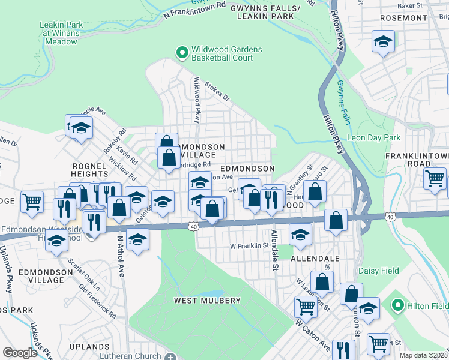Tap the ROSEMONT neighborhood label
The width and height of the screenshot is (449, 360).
coord(399,18)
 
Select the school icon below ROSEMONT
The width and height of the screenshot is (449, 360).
coord(382,43)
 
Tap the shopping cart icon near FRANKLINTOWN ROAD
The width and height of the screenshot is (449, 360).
coord(435,178)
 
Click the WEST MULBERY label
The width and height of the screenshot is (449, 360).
coord(207,300)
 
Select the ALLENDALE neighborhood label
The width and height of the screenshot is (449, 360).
coord(315,258)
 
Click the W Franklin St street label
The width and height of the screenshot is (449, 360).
coord(249,246)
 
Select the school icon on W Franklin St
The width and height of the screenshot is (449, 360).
coord(300,235)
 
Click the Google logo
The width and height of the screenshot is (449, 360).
coord(20,352)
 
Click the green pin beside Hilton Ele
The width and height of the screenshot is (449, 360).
coord(396,306)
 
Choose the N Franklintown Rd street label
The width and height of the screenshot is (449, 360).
coord(194,8)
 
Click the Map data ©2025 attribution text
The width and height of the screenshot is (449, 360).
coord(424,355)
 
